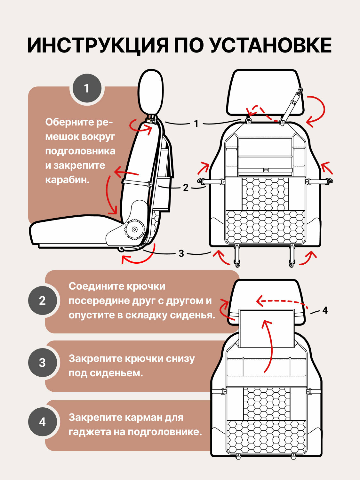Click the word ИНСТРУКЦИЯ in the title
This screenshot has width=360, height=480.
(98, 45)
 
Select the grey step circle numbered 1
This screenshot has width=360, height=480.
(86, 88)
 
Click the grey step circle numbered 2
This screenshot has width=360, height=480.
(42, 301)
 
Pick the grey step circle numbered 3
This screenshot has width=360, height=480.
(42, 363)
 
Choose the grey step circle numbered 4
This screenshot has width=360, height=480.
(42, 422)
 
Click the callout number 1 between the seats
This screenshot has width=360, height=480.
(196, 124)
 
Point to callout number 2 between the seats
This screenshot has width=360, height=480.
(186, 188)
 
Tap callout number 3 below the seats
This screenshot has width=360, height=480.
(181, 253)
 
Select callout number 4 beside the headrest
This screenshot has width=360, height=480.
(325, 310)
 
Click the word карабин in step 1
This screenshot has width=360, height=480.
(67, 180)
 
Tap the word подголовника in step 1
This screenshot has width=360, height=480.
(80, 151)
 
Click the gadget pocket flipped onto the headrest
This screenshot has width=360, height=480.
(266, 328)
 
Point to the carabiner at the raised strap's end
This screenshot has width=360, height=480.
(300, 92)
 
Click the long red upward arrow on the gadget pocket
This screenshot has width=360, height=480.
(269, 346)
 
